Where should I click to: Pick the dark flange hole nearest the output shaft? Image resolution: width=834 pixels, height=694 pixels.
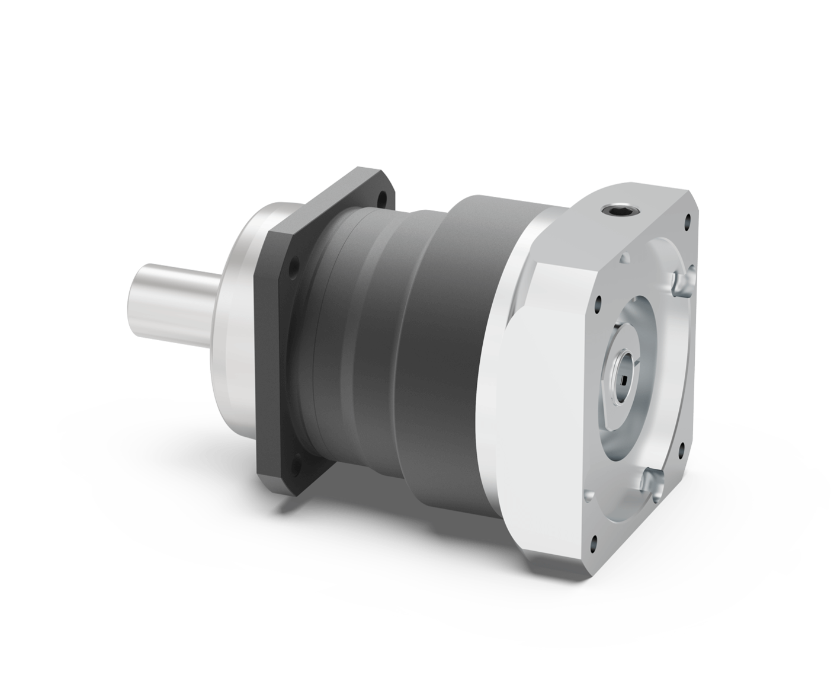tap(291, 266)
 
